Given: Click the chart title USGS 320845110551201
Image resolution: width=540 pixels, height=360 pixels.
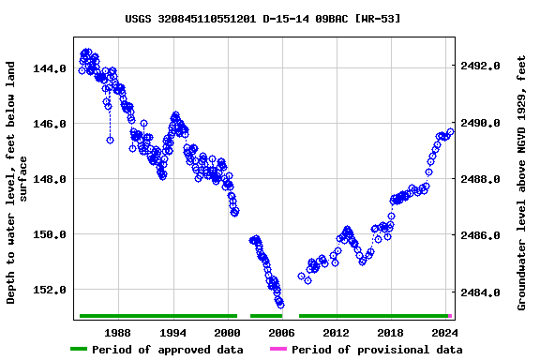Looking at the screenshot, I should (x=262, y=18).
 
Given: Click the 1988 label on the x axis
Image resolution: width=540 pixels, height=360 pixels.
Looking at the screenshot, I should (x=117, y=333).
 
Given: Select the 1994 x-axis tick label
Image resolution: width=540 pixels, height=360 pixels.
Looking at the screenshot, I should (x=172, y=333).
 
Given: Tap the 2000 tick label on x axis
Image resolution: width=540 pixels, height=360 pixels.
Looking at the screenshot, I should (x=227, y=333).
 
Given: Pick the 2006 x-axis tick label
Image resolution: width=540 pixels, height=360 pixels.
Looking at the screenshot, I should (x=281, y=333).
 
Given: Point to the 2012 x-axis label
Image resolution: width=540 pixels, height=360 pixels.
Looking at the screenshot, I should (x=336, y=333).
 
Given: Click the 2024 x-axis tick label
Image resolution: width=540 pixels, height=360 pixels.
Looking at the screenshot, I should (x=444, y=333).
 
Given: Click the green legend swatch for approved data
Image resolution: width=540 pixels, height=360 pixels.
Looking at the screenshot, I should (x=79, y=350).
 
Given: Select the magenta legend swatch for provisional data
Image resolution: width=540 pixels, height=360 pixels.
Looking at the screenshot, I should (x=277, y=350).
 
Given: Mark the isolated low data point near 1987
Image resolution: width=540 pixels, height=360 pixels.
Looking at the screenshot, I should (x=110, y=140).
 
